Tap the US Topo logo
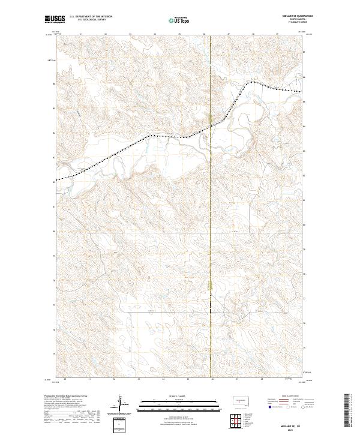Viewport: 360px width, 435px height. point(175,20)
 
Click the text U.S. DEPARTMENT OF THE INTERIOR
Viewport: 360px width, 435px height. point(91,17)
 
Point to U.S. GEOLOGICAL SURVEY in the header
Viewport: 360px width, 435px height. point(88,20)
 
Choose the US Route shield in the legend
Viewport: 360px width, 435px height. point(288,407)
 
